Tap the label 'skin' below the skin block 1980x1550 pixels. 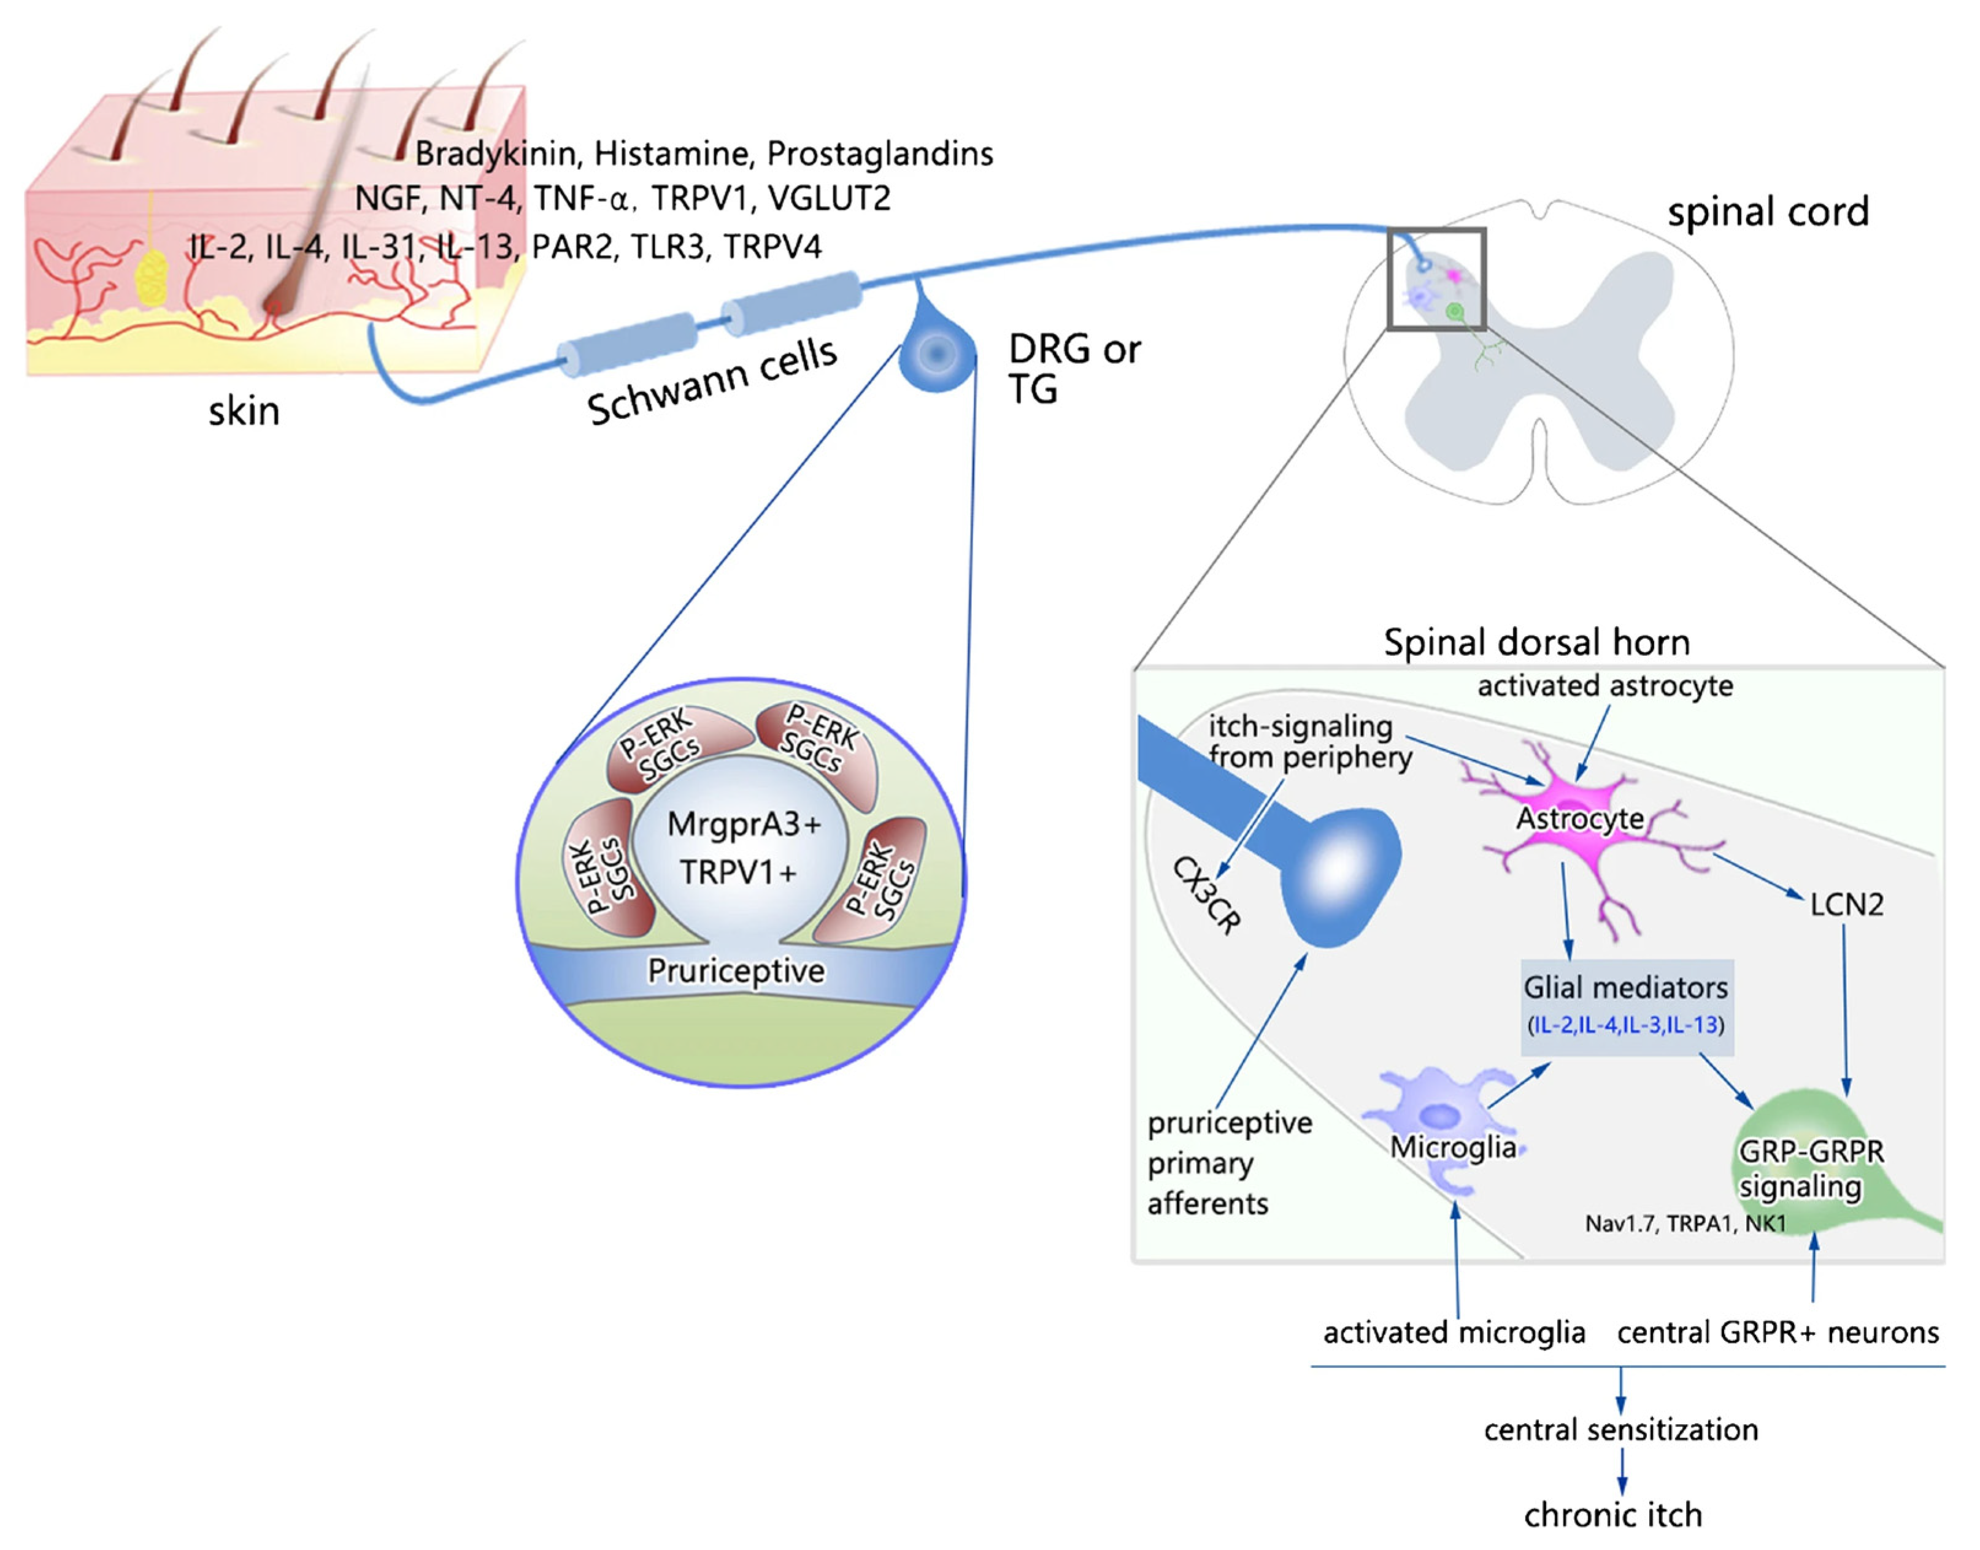(x=244, y=411)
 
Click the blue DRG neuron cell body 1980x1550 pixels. (x=937, y=354)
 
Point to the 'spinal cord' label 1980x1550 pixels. (x=1768, y=212)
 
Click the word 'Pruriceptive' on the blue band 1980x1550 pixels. (x=735, y=971)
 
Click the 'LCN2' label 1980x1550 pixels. (x=1846, y=904)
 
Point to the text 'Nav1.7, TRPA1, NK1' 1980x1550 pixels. (x=1685, y=1223)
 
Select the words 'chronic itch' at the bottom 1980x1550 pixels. (x=1612, y=1514)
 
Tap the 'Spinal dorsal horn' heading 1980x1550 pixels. (x=1536, y=642)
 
